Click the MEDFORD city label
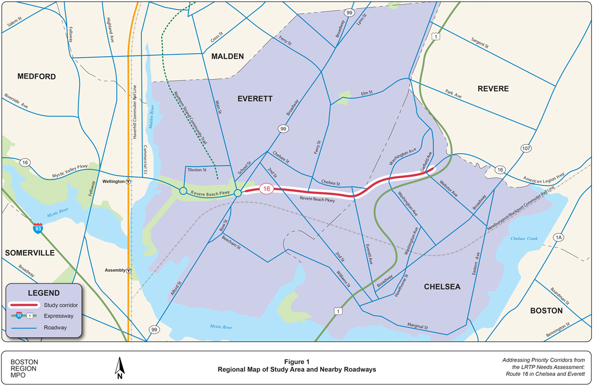click(36, 77)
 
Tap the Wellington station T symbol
click(128, 181)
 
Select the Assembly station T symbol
click(129, 271)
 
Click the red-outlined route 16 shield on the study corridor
click(265, 189)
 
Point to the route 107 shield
click(528, 148)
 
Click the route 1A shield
click(559, 237)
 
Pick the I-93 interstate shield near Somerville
click(37, 228)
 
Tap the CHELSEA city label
click(442, 287)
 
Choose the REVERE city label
click(493, 89)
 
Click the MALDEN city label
click(228, 56)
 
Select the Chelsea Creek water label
click(524, 239)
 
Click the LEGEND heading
click(44, 293)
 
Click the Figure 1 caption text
click(297, 362)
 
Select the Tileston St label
click(197, 170)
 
